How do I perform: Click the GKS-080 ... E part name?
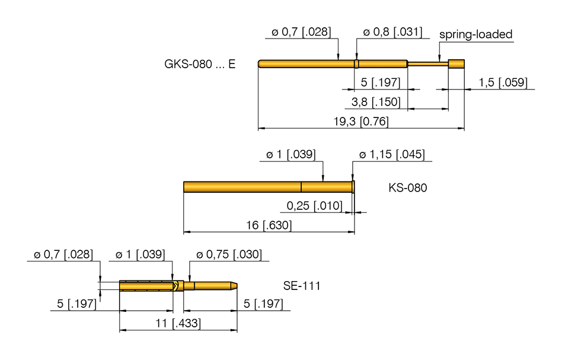point(199,64)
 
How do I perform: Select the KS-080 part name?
point(407,188)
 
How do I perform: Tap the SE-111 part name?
point(301,286)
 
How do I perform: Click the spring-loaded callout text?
point(475,34)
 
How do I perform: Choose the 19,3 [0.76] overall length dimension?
point(360,122)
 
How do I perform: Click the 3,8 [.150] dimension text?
point(376,102)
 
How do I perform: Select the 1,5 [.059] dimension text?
point(503,82)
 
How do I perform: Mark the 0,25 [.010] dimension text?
point(314,206)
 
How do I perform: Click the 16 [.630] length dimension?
point(269,226)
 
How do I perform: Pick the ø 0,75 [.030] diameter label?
point(228,254)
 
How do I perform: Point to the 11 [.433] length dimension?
point(178,324)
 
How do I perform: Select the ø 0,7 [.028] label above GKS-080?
point(301,32)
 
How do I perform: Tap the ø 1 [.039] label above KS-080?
point(290,155)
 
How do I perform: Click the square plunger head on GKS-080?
point(456,63)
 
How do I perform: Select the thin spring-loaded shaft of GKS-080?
point(427,63)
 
